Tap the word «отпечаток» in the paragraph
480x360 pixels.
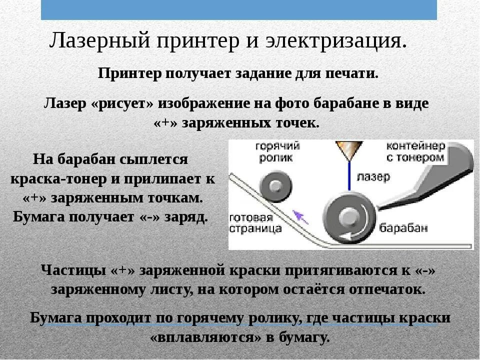pyautogui.click(x=387, y=289)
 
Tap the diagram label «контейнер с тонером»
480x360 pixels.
pyautogui.click(x=415, y=151)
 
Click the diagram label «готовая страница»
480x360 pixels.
pyautogui.click(x=255, y=223)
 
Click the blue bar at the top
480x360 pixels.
pyautogui.click(x=238, y=9)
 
